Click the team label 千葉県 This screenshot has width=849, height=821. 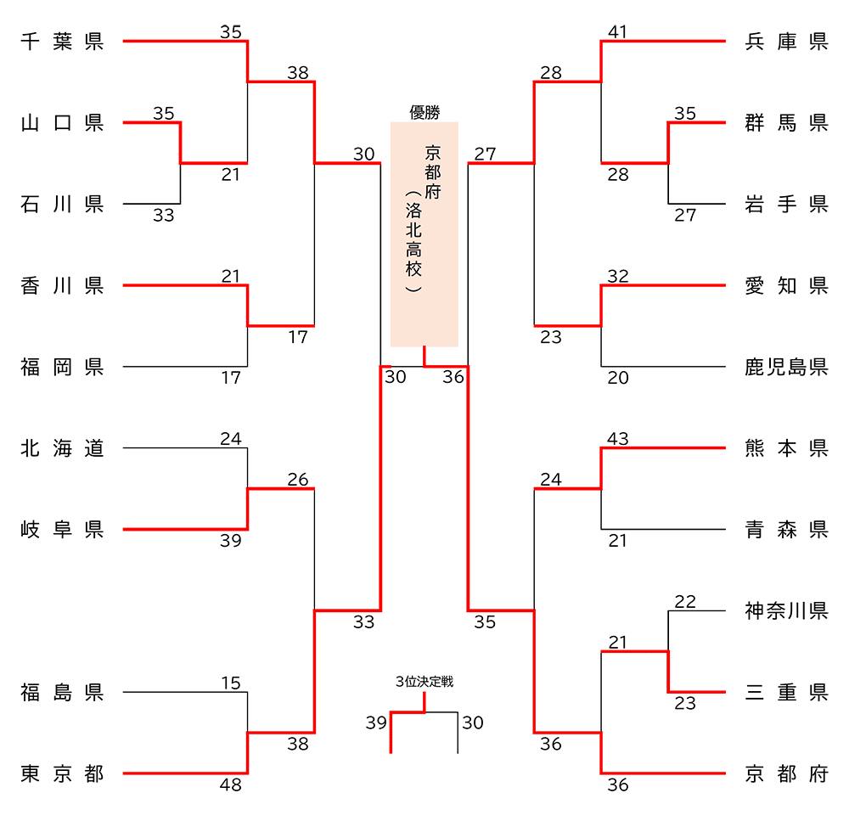[62, 42]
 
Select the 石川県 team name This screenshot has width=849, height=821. [62, 204]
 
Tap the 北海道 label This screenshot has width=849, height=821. [62, 448]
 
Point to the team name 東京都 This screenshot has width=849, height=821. [62, 774]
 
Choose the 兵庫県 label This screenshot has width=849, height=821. [786, 42]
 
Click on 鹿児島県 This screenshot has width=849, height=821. [786, 367]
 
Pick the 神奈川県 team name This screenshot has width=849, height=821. [786, 611]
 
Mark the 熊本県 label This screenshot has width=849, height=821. [786, 448]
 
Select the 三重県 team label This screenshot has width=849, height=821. [786, 693]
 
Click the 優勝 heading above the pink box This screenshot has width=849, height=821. [424, 113]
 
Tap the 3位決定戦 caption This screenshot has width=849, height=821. [424, 682]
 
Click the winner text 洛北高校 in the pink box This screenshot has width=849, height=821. [413, 240]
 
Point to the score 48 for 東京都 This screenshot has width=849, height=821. [231, 784]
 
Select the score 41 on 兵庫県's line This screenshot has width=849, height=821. [618, 32]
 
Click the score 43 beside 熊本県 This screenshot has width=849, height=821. [618, 439]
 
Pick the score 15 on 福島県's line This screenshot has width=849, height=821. [231, 683]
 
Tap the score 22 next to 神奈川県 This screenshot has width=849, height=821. [685, 602]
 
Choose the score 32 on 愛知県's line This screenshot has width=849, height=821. [618, 276]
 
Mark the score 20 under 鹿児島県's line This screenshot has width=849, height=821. [618, 378]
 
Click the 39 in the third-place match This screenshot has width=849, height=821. [376, 723]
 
